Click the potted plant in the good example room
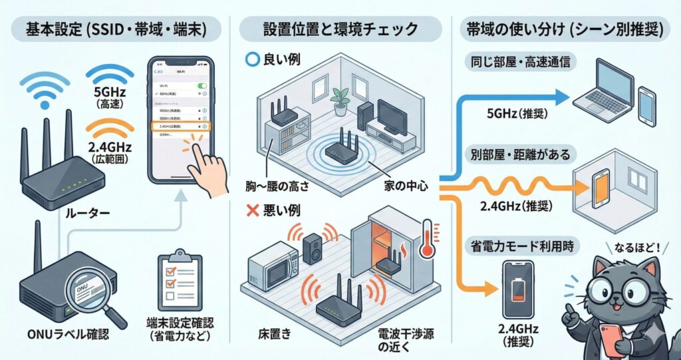point(340,97)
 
